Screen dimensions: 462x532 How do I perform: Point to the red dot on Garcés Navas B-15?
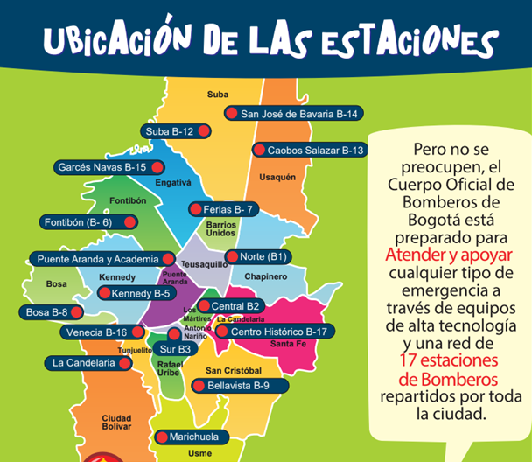click(157, 166)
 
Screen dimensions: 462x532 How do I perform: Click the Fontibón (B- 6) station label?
click(80, 222)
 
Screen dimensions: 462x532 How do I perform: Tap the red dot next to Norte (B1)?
click(232, 256)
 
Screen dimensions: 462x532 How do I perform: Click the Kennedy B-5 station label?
click(141, 293)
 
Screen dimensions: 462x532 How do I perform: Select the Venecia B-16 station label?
click(96, 332)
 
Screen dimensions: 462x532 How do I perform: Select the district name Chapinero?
click(265, 276)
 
